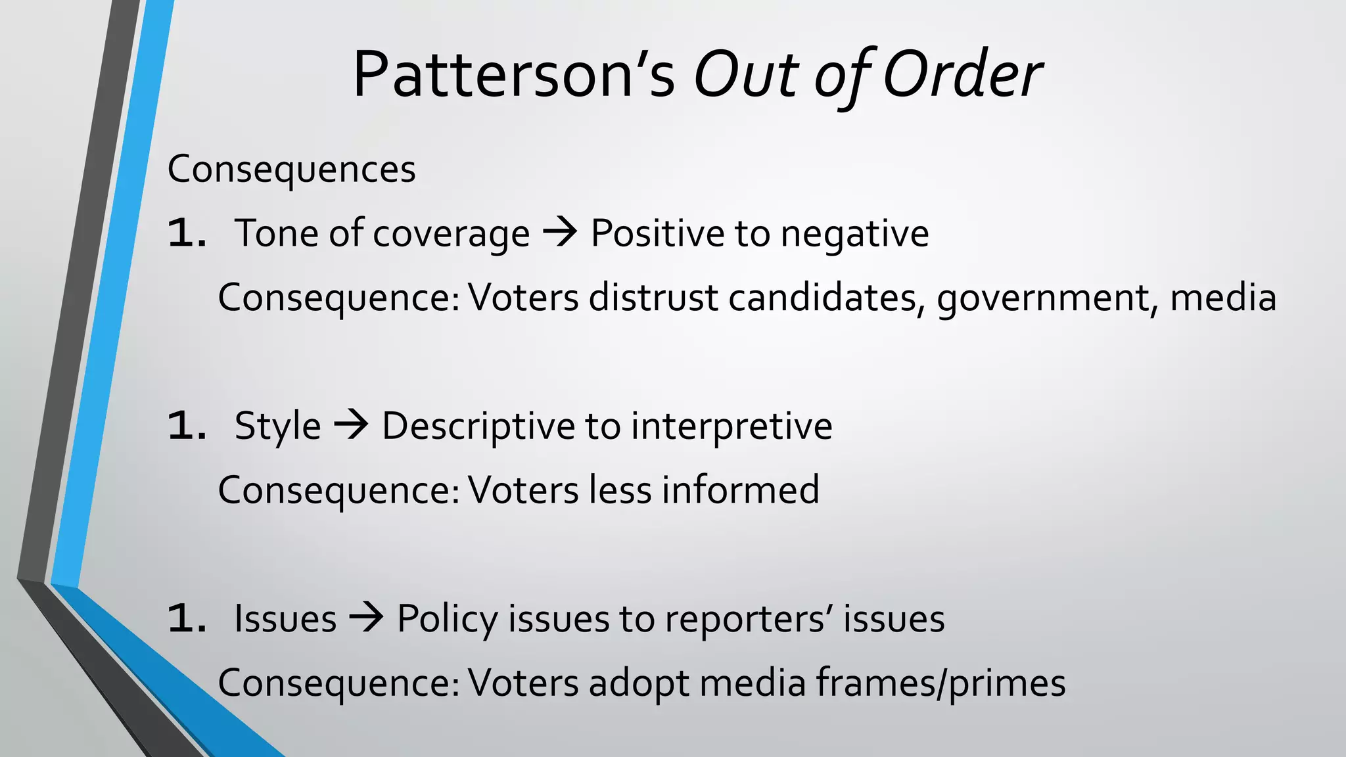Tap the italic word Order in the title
[962, 75]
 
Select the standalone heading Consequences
[291, 170]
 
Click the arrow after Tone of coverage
[560, 233]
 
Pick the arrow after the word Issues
[366, 618]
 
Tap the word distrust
[653, 297]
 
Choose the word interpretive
[731, 426]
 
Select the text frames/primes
[940, 683]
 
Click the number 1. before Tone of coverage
[187, 234]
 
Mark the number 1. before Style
[187, 426]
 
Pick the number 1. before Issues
[187, 620]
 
